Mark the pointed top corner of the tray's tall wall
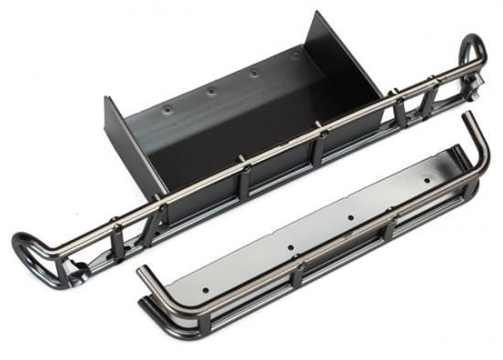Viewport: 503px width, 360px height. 316,13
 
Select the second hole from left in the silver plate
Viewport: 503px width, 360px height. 289,246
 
